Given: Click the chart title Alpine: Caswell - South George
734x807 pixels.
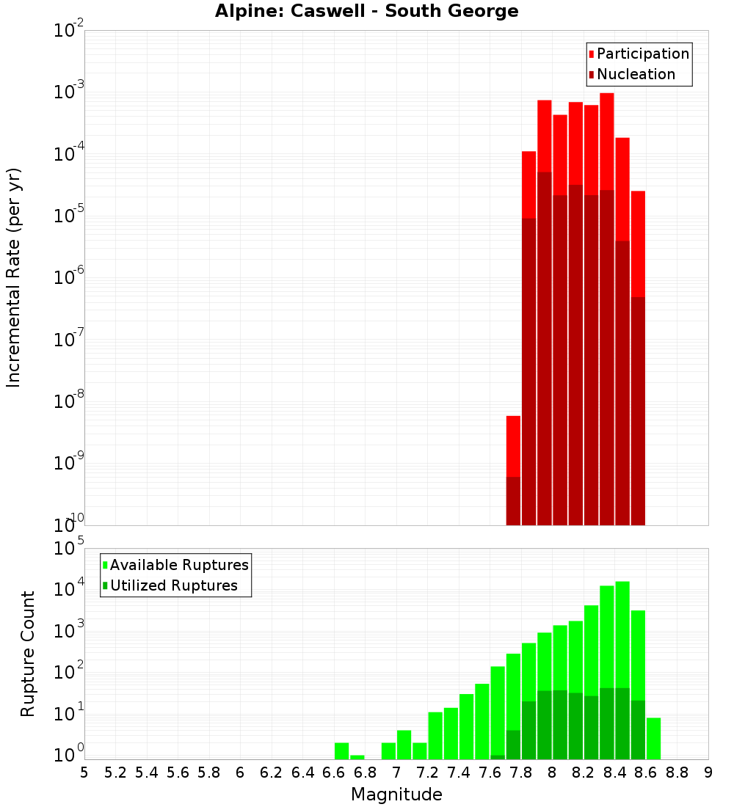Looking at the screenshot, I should [366, 11].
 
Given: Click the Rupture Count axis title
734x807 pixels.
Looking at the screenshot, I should [28, 654].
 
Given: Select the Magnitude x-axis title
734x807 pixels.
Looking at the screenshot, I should [396, 795].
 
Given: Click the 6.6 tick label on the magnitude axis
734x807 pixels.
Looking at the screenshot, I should [334, 773].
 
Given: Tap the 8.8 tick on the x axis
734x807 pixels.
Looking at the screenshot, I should [677, 773].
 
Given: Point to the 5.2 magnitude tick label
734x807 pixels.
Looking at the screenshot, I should [115, 773].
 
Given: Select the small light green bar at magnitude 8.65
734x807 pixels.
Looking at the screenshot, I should [653, 738].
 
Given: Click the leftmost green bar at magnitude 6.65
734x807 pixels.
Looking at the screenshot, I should [341, 751].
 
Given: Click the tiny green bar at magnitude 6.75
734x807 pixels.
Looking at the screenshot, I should [357, 757].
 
